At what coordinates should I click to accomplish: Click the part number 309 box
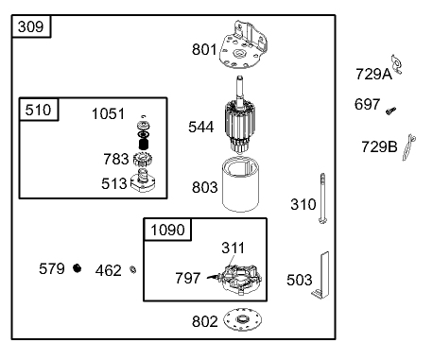(x=32, y=27)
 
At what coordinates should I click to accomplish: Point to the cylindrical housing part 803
(x=241, y=185)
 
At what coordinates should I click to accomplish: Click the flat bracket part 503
(x=325, y=275)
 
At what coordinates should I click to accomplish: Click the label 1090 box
(x=166, y=230)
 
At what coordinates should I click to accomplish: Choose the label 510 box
(x=39, y=109)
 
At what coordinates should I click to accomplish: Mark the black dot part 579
(x=78, y=269)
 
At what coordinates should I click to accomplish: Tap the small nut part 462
(x=134, y=271)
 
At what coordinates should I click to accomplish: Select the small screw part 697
(x=390, y=111)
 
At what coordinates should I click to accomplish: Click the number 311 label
(x=233, y=248)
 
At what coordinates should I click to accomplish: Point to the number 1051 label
(x=108, y=113)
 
